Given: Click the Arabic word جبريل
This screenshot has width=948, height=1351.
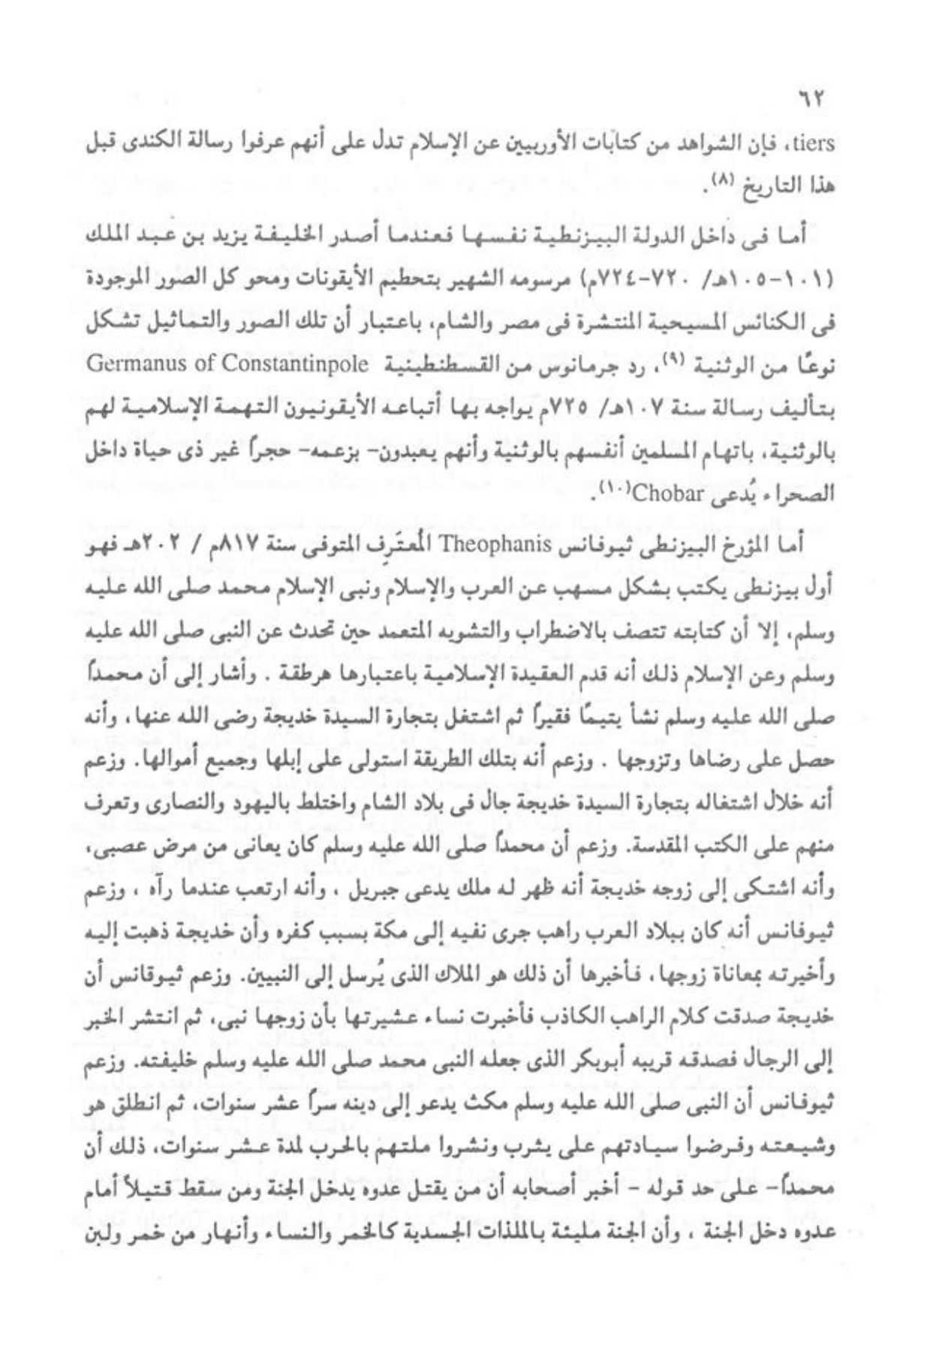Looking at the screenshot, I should coord(477,899).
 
